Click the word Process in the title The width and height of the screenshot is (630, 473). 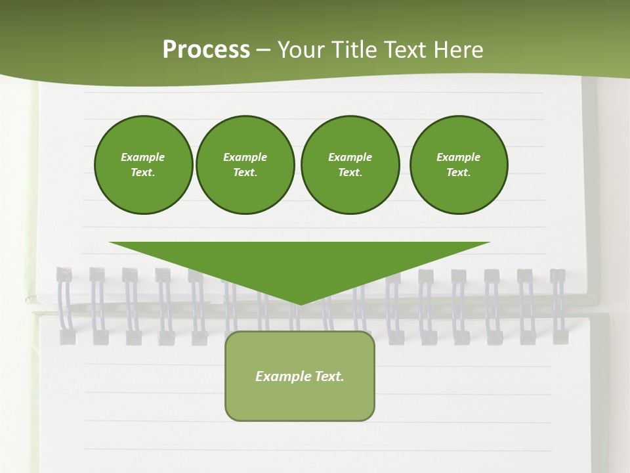coord(206,50)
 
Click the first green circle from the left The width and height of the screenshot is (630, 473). coord(143,165)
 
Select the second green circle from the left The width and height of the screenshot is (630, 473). coord(245,165)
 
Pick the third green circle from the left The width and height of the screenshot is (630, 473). coord(350,165)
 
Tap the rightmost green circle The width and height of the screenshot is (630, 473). coord(459,165)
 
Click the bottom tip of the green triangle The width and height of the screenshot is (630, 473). coord(300,304)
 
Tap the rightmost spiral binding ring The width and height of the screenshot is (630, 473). coord(558,305)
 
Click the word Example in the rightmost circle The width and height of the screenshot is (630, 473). coord(459,157)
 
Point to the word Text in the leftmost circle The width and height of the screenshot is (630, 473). coord(143,173)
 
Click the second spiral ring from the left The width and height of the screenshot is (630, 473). coord(98,305)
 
